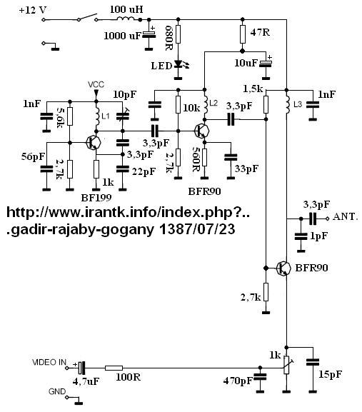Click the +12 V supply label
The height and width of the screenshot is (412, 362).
(33, 10)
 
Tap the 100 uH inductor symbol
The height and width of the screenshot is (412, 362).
(126, 19)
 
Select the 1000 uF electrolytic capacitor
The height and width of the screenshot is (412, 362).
(149, 34)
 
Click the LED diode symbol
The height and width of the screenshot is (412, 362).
(179, 64)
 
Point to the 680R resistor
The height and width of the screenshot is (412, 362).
(178, 34)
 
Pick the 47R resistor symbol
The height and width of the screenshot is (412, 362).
(243, 34)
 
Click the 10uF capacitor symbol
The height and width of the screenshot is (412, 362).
(266, 63)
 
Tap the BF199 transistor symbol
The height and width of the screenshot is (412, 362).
(94, 142)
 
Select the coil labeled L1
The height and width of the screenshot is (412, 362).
(96, 117)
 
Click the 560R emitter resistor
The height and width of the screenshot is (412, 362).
(204, 157)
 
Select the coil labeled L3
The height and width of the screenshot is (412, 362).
(288, 104)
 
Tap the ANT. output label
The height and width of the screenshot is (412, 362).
(345, 217)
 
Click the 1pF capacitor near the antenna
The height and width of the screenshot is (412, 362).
(301, 236)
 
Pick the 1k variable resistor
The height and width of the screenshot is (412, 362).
(287, 365)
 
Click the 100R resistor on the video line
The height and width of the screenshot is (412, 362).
(114, 368)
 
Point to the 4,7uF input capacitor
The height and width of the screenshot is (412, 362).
(81, 368)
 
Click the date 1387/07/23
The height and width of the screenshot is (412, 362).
(198, 229)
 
